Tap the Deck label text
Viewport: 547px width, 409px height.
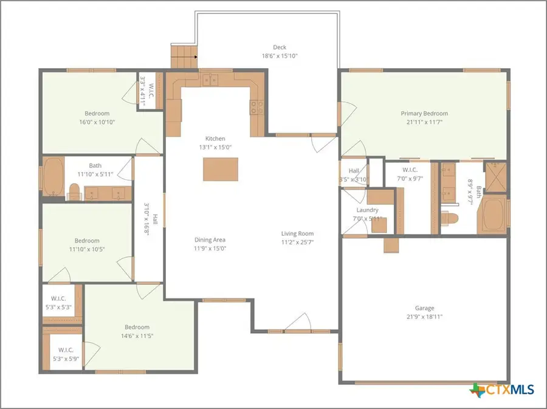279,47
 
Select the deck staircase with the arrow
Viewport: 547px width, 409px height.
184,58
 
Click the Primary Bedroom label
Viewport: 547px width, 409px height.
424,114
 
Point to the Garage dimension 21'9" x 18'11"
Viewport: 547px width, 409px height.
424,317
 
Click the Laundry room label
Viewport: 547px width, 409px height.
367,210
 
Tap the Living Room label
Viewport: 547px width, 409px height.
297,233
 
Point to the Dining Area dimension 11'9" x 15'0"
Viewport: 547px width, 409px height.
210,248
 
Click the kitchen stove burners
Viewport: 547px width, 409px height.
256,108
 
